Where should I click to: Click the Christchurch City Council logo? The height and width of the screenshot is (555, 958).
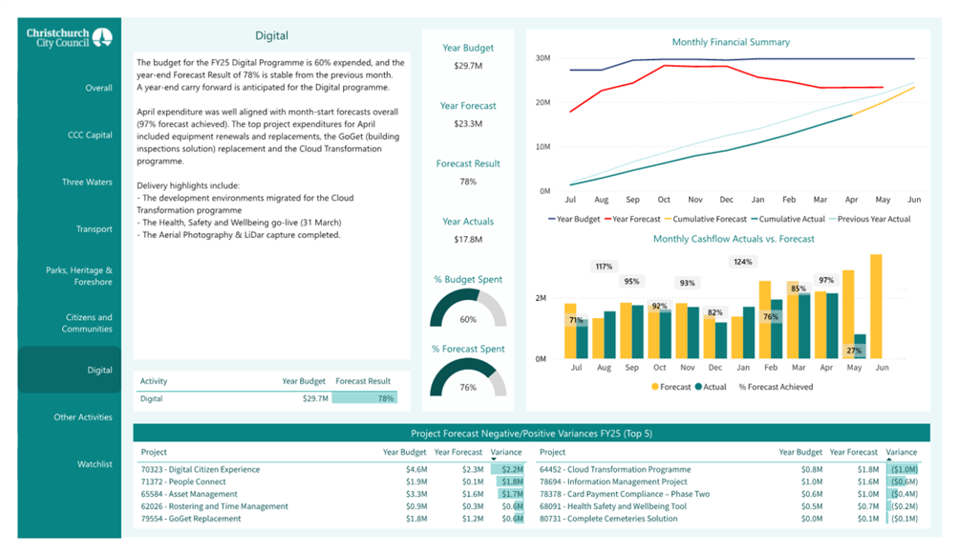pyautogui.click(x=69, y=37)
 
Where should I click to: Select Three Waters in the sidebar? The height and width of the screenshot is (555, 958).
pyautogui.click(x=87, y=182)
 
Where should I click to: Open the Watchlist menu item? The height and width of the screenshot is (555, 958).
pyautogui.click(x=95, y=464)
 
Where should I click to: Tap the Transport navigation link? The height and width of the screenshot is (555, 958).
pyautogui.click(x=95, y=229)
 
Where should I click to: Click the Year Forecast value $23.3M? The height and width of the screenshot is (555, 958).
pyautogui.click(x=468, y=123)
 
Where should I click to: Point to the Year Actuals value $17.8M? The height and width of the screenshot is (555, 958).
pyautogui.click(x=468, y=240)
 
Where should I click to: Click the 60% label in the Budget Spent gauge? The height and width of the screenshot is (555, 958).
pyautogui.click(x=468, y=320)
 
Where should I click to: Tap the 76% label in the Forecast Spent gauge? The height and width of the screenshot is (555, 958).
pyautogui.click(x=468, y=388)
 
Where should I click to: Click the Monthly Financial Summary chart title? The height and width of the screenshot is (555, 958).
pyautogui.click(x=731, y=42)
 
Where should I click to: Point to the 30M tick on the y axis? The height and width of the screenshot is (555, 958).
pyautogui.click(x=543, y=58)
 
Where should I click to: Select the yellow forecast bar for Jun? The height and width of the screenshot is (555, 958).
pyautogui.click(x=876, y=307)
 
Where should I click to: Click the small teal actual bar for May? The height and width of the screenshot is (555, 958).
pyautogui.click(x=860, y=347)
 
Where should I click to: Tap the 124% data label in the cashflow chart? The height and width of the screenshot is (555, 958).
pyautogui.click(x=743, y=263)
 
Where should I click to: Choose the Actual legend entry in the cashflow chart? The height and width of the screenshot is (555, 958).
pyautogui.click(x=711, y=387)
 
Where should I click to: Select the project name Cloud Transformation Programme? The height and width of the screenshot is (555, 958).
pyautogui.click(x=615, y=469)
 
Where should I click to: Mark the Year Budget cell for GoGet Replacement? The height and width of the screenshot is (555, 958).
pyautogui.click(x=416, y=519)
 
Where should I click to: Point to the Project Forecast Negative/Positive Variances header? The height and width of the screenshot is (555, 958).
pyautogui.click(x=532, y=434)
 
